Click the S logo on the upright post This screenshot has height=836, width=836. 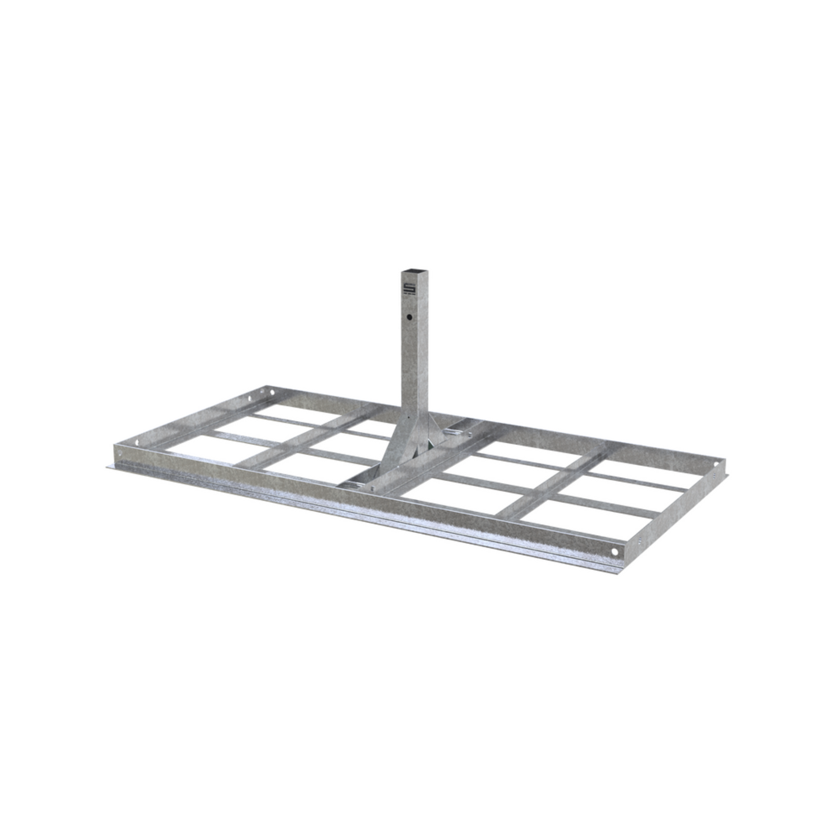click(x=409, y=289)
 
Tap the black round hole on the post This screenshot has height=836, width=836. click(x=409, y=318)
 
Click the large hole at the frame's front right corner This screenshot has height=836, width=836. click(x=614, y=551)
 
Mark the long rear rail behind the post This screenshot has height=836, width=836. click(x=521, y=431)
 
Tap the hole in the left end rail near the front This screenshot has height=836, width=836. click(x=137, y=443)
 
